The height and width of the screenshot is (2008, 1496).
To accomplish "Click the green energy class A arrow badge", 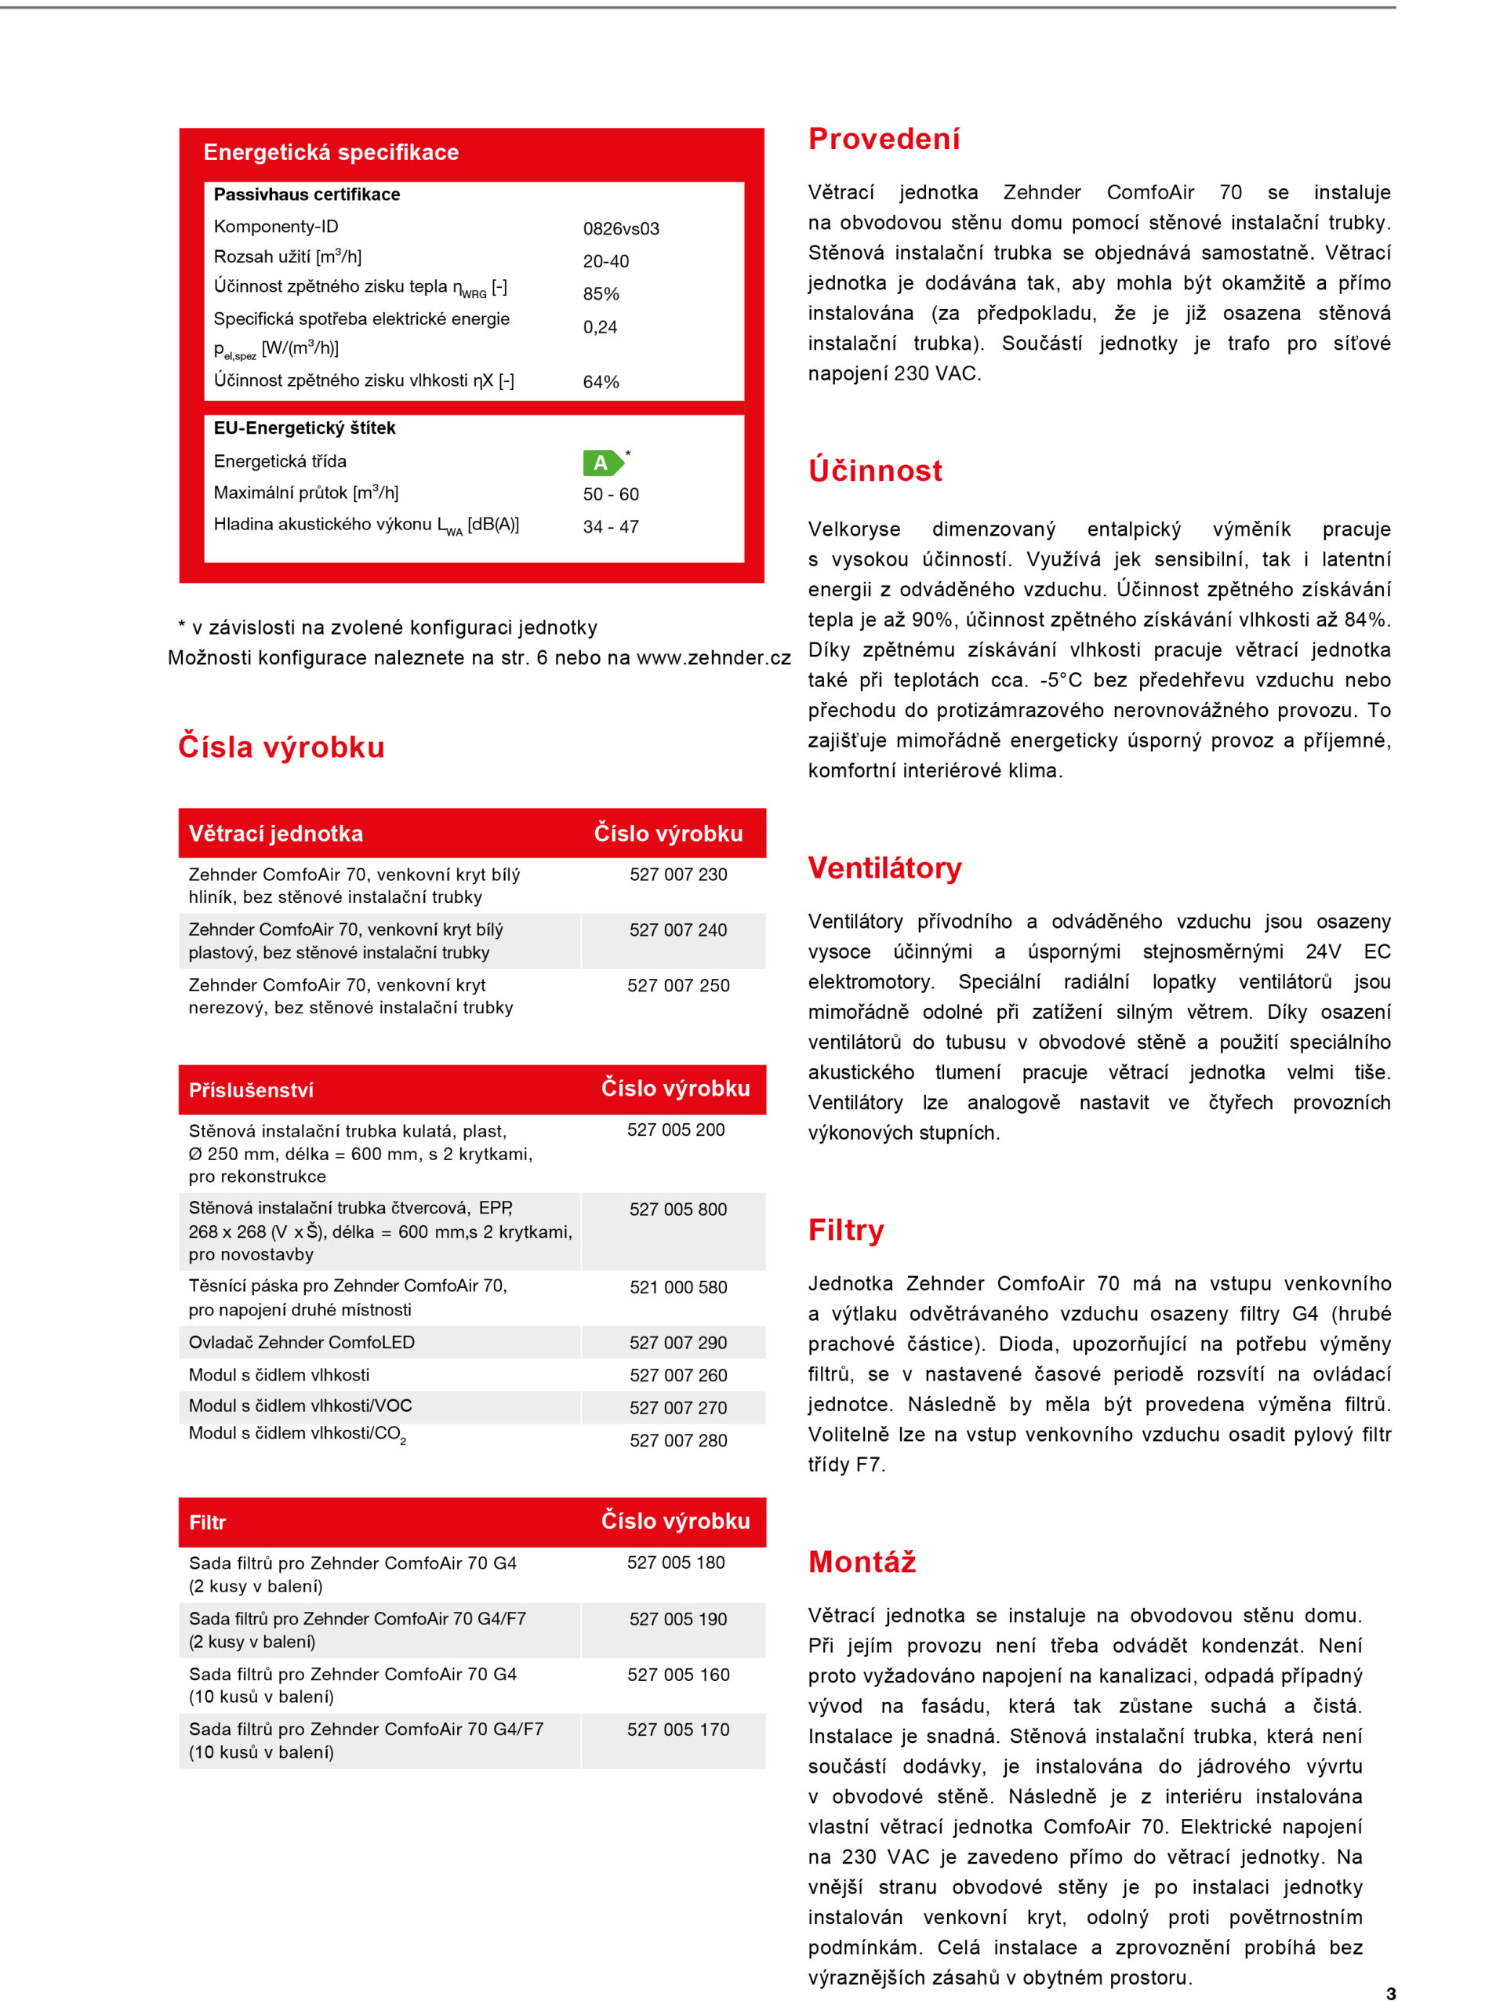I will click(602, 463).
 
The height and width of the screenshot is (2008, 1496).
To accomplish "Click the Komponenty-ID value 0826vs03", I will click(620, 228).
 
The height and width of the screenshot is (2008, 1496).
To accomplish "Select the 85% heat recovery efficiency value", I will click(601, 293).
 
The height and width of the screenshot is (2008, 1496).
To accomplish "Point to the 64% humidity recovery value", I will click(601, 381).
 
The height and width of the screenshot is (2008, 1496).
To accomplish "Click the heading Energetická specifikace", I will click(331, 152).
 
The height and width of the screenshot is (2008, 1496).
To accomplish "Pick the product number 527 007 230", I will click(677, 874).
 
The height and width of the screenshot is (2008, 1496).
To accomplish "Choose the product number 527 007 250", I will click(677, 985).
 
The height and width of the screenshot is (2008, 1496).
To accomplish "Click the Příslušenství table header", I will click(251, 1089).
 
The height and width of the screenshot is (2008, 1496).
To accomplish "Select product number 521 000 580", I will click(677, 1287).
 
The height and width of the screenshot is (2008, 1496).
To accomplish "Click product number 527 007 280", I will click(677, 1440).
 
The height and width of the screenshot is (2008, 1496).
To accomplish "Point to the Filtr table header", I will click(207, 1522).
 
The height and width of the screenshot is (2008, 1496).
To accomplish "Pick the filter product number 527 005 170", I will click(677, 1729).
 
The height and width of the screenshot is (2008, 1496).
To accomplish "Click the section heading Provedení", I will click(884, 139).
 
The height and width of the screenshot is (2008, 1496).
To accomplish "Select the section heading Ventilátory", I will click(884, 868).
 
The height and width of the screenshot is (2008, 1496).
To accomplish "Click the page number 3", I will click(1390, 1994).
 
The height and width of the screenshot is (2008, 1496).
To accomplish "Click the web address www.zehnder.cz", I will click(713, 657).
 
